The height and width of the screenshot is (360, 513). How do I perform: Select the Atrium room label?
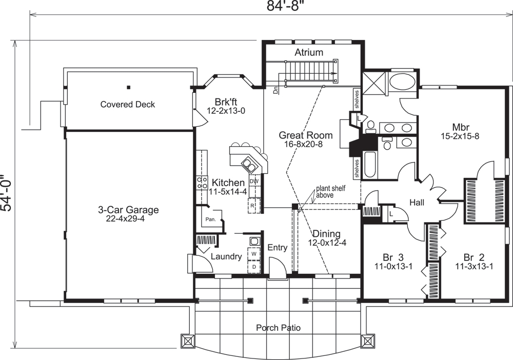(309, 52)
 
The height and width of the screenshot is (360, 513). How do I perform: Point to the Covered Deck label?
(128, 105)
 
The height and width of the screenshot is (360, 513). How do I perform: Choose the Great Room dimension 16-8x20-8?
(305, 145)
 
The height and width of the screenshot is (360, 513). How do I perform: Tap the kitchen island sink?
(250, 164)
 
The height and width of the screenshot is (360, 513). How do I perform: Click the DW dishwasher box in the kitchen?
(254, 182)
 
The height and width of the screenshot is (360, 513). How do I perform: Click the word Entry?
(277, 248)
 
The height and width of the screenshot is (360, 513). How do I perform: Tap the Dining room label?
(326, 234)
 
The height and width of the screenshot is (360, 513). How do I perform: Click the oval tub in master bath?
(402, 81)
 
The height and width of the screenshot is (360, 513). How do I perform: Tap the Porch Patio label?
(279, 328)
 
